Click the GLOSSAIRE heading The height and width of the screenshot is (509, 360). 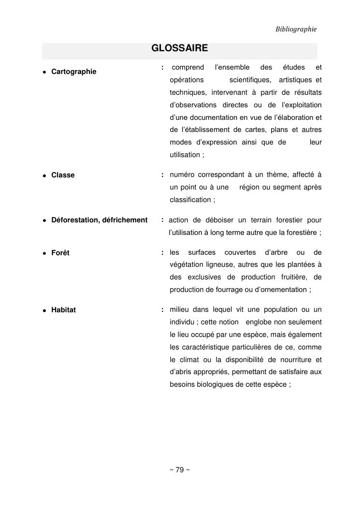click(180, 48)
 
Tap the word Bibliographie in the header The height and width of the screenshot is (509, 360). click(296, 29)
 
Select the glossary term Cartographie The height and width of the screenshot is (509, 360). click(73, 72)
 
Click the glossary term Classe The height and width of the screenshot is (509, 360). click(63, 175)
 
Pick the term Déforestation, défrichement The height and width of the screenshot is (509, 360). click(99, 220)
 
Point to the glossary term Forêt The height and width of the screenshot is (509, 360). click(60, 253)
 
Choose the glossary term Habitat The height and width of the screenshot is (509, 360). click(63, 310)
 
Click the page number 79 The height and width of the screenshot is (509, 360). click(179, 470)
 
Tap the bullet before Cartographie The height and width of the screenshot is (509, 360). click(44, 72)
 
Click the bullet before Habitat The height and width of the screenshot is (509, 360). click(44, 310)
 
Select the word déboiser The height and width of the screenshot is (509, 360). click(219, 220)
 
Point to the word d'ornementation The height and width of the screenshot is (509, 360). click(277, 290)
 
